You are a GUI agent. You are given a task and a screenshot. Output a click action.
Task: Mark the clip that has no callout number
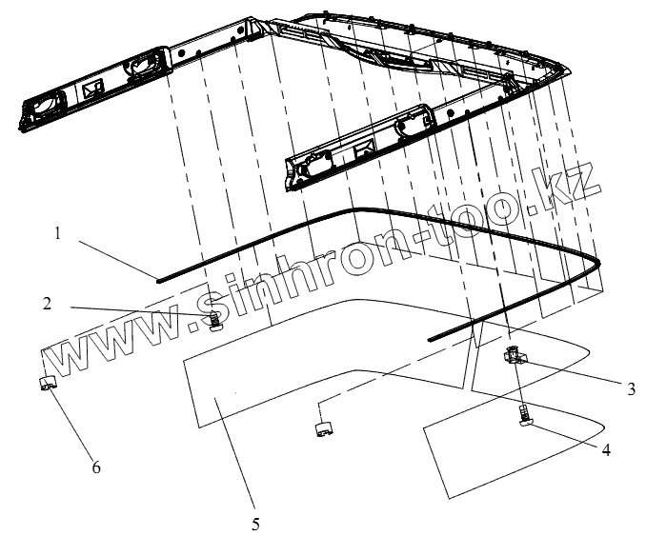(x=323, y=426)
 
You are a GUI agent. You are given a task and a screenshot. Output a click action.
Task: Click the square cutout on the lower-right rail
(x=362, y=149)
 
